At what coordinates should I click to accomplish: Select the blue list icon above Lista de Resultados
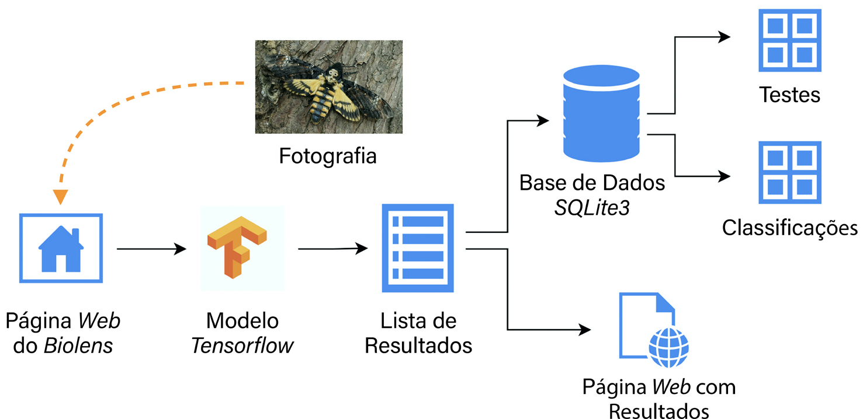coord(417,248)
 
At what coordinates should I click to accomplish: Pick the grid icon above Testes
coord(789,40)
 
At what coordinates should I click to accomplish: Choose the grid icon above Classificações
coord(789,172)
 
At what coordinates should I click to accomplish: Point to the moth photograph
coord(329,86)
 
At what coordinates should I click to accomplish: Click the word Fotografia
coord(327,157)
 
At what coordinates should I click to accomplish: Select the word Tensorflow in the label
coord(242,346)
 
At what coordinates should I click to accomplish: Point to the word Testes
coord(789,95)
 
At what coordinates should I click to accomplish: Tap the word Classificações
coord(789,228)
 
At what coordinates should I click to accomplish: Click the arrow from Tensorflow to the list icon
coord(333,249)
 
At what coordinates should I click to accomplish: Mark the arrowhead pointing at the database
coord(543,121)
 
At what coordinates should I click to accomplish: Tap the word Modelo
coord(242,321)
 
